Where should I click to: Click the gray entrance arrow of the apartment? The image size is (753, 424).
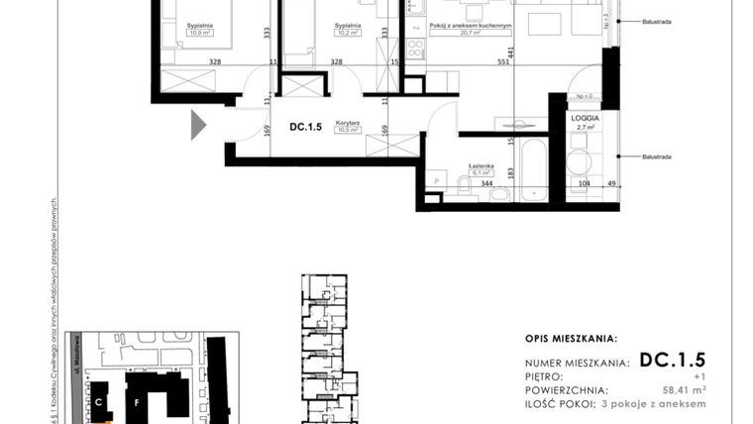click(198, 125)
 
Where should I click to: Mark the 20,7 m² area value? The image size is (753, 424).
click(471, 33)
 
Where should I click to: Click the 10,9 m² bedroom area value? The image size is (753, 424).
click(201, 32)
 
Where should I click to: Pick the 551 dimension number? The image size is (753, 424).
click(503, 61)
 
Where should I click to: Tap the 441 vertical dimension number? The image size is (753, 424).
click(511, 53)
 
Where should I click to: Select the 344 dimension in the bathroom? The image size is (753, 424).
click(486, 183)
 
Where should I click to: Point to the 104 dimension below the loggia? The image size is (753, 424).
click(584, 184)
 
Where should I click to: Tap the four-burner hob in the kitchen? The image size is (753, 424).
click(416, 47)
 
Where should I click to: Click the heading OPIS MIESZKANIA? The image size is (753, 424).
click(571, 338)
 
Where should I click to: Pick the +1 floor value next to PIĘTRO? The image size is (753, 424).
click(699, 376)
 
